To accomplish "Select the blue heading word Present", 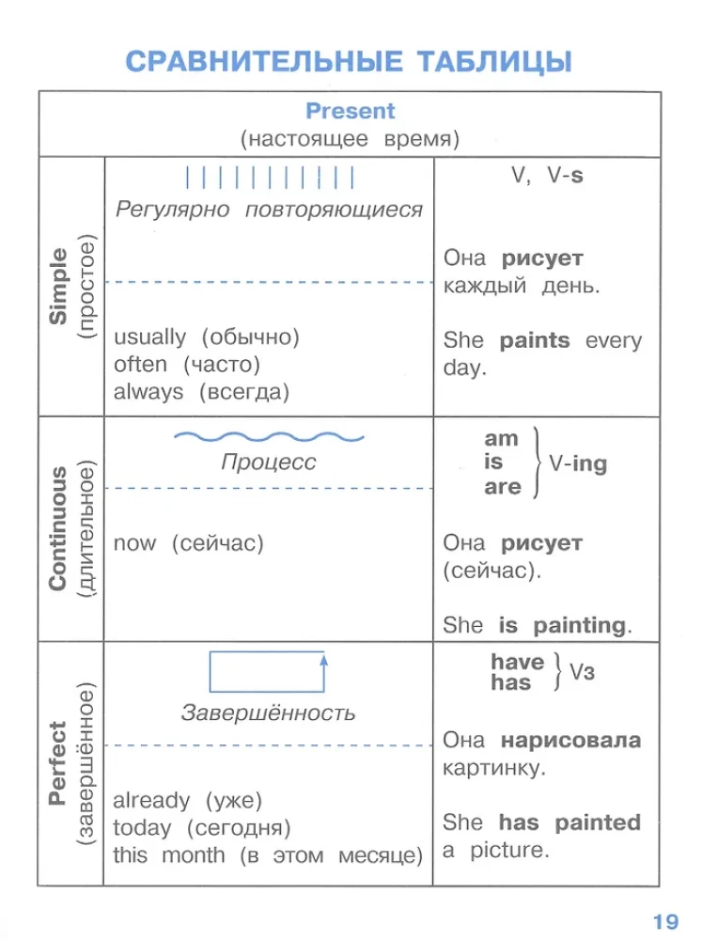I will pyautogui.click(x=351, y=111).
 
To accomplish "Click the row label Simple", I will pyautogui.click(x=59, y=286).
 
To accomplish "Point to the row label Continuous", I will pyautogui.click(x=58, y=527).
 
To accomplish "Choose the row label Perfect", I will pyautogui.click(x=58, y=762).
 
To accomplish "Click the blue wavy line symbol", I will pyautogui.click(x=269, y=436).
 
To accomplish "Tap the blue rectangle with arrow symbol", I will pyautogui.click(x=268, y=671).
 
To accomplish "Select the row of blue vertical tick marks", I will pyautogui.click(x=269, y=177).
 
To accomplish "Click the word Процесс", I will pyautogui.click(x=269, y=462).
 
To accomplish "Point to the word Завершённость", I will pyautogui.click(x=269, y=713).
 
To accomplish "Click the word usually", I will pyautogui.click(x=150, y=337).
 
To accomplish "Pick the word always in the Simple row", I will pyautogui.click(x=148, y=391).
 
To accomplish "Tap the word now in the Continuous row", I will pyautogui.click(x=135, y=543).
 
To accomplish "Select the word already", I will pyautogui.click(x=151, y=801).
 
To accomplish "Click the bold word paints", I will pyautogui.click(x=535, y=340).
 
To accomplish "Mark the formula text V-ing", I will pyautogui.click(x=578, y=463).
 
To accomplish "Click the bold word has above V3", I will pyautogui.click(x=511, y=683).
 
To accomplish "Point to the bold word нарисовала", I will pyautogui.click(x=570, y=740).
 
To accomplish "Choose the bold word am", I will pyautogui.click(x=501, y=438).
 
